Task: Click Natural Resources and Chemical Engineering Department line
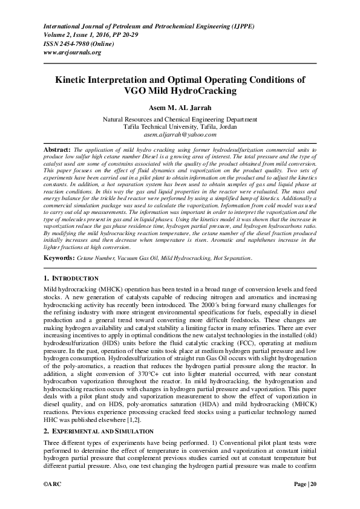pos(180,120)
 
